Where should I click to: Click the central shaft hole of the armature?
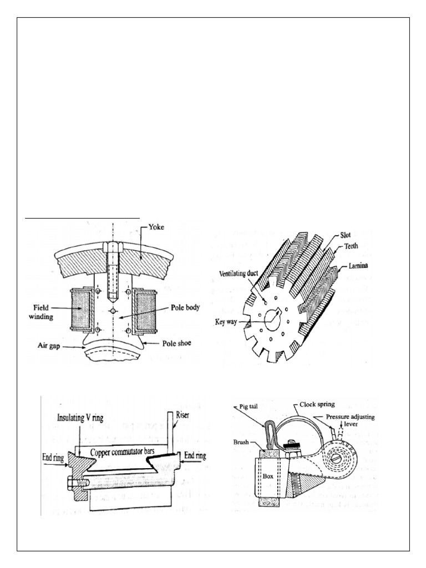point(276,318)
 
